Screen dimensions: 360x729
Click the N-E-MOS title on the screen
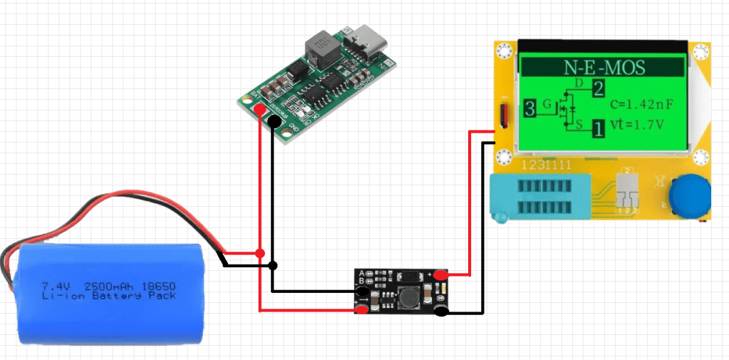coord(604,68)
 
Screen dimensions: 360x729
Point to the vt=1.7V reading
coord(638,124)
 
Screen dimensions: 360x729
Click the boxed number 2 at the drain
coord(597,89)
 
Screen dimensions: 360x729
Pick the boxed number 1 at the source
coord(597,129)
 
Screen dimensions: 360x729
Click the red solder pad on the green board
coord(259,109)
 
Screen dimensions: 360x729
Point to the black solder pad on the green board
coord(274,122)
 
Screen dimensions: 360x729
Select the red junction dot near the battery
coord(259,253)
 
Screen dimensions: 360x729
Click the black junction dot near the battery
coord(273,265)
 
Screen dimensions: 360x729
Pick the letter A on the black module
coord(363,274)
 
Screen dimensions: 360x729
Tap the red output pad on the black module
coord(441,275)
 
